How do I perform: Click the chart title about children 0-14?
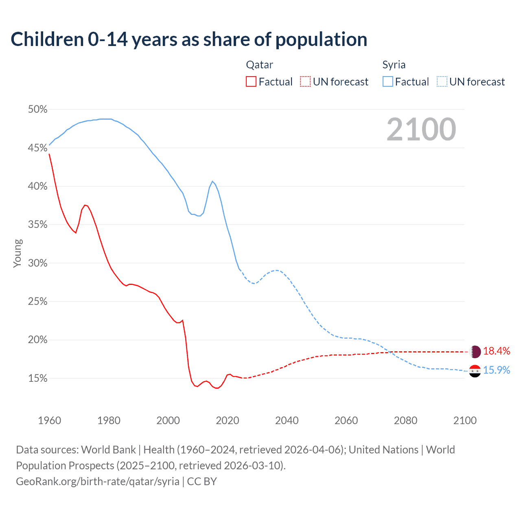[189, 39]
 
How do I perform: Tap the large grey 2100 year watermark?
[421, 129]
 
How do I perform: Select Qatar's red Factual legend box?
[251, 82]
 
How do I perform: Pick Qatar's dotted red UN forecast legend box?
[305, 82]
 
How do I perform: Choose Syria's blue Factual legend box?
[387, 82]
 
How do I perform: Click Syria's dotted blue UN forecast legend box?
[442, 82]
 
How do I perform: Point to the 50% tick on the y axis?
[37, 109]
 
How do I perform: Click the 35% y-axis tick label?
[37, 225]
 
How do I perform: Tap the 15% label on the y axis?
[37, 379]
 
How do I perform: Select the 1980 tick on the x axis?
[109, 420]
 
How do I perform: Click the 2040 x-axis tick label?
[287, 420]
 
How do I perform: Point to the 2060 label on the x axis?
[346, 420]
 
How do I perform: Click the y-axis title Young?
[17, 253]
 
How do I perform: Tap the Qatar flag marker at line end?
[475, 351]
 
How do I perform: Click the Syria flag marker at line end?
[475, 371]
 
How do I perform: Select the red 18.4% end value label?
[497, 351]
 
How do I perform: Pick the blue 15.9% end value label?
[497, 370]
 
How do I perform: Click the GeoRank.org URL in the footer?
[98, 482]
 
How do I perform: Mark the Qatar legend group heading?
[259, 65]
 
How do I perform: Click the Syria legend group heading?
[394, 65]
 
